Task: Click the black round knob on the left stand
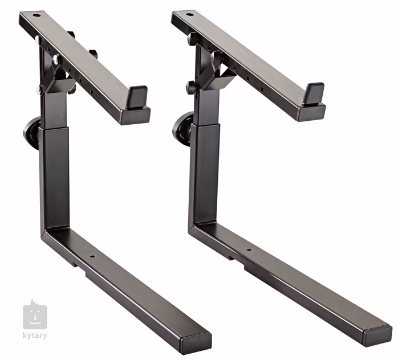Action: [x=31, y=132]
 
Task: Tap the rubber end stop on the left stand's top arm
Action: [x=137, y=94]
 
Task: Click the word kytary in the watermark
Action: [x=35, y=336]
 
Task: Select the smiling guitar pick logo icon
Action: [x=35, y=314]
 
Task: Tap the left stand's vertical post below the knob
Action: [x=55, y=177]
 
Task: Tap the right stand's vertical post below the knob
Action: [x=204, y=171]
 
